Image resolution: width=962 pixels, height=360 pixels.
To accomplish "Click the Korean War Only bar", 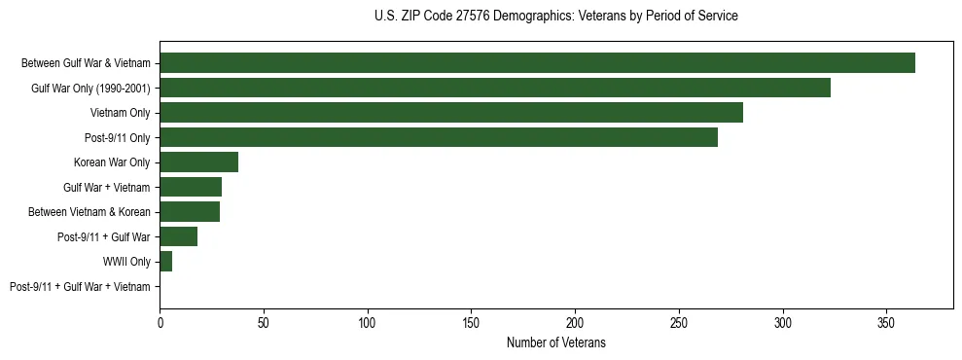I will pyautogui.click(x=198, y=162).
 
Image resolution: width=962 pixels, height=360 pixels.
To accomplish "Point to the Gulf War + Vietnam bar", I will pyautogui.click(x=191, y=187).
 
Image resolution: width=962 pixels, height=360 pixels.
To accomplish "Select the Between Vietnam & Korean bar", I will pyautogui.click(x=190, y=212).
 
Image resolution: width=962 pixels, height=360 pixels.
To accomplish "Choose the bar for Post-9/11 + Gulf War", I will pyautogui.click(x=179, y=236).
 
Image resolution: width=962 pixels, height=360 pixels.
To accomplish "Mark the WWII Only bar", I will pyautogui.click(x=165, y=262).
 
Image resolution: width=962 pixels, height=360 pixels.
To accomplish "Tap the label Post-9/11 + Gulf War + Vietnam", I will pyautogui.click(x=80, y=287).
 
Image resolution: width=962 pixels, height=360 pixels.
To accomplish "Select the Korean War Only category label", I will pyautogui.click(x=112, y=162).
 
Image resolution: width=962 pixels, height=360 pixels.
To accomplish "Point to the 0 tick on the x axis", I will pyautogui.click(x=160, y=321).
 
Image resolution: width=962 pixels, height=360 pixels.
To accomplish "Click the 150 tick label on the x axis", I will pyautogui.click(x=471, y=321).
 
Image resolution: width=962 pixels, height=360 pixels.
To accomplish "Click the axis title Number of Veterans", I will pyautogui.click(x=555, y=342).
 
